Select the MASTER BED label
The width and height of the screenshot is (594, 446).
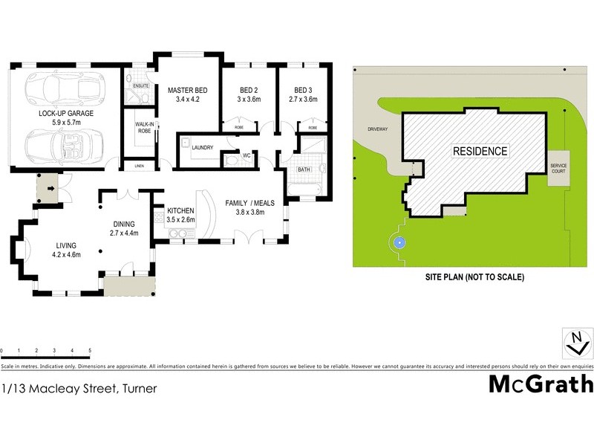pyautogui.click(x=187, y=88)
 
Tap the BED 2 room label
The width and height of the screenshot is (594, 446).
pyautogui.click(x=240, y=88)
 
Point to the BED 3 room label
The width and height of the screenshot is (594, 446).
pyautogui.click(x=302, y=88)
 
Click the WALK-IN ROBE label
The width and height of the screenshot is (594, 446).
pyautogui.click(x=143, y=128)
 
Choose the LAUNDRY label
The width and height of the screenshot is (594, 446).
pyautogui.click(x=202, y=148)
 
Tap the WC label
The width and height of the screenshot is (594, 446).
pyautogui.click(x=235, y=157)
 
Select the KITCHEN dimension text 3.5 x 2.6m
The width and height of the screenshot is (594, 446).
pyautogui.click(x=180, y=220)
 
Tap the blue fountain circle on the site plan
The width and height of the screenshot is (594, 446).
pyautogui.click(x=399, y=242)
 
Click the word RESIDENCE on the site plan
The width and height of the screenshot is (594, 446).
pyautogui.click(x=480, y=151)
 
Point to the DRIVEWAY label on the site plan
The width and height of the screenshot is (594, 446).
pyautogui.click(x=378, y=129)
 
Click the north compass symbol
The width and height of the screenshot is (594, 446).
pyautogui.click(x=577, y=343)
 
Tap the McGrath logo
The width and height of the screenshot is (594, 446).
pyautogui.click(x=541, y=384)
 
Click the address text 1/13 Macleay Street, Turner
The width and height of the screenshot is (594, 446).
pyautogui.click(x=78, y=387)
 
